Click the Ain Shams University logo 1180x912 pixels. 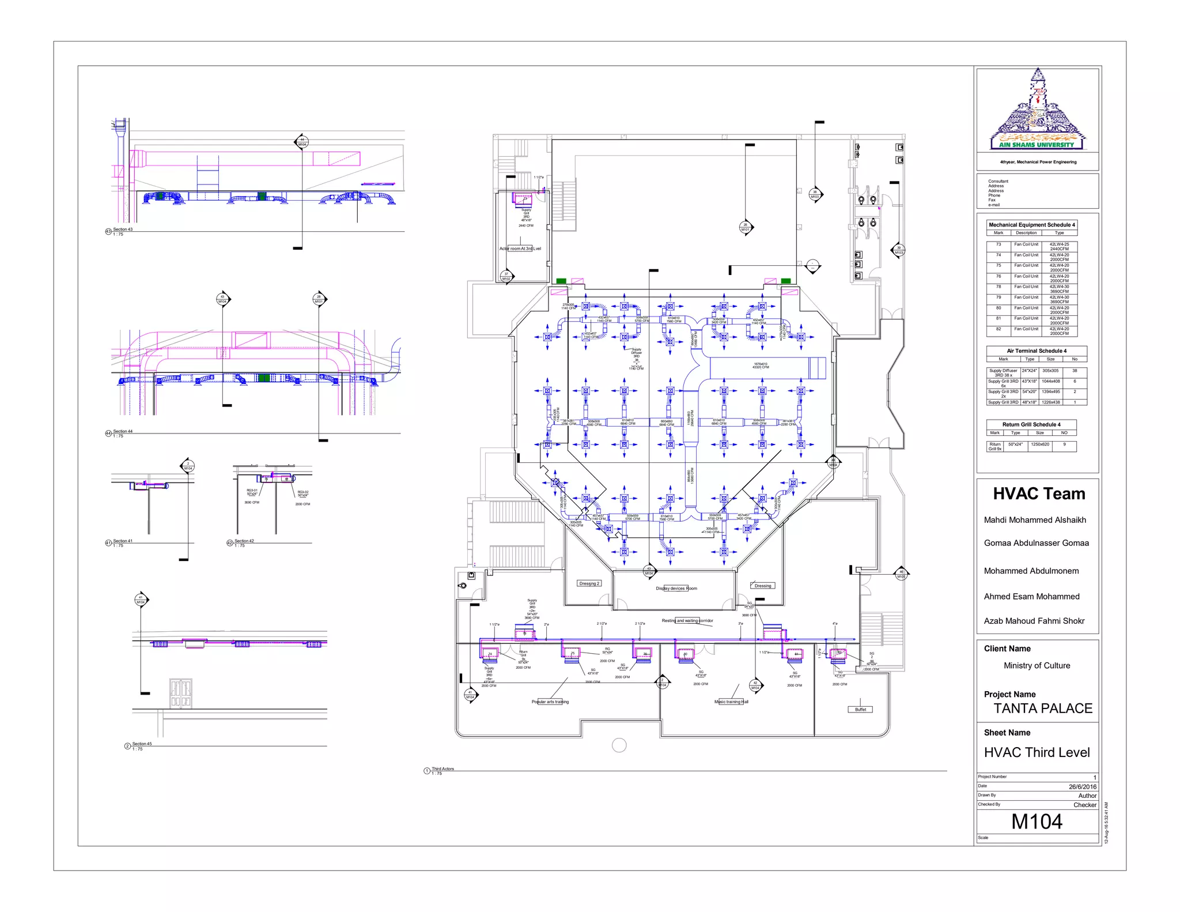pos(1037,110)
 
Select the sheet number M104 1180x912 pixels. pos(1037,821)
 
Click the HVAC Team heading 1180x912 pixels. pos(1039,494)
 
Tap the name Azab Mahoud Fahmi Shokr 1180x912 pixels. pos(1034,621)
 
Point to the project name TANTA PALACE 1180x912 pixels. pos(1042,709)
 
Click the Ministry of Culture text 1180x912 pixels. pos(1037,665)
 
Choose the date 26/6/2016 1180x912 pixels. pos(1082,787)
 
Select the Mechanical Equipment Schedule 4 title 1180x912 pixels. pos(1031,225)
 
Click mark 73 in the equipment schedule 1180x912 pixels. pos(999,244)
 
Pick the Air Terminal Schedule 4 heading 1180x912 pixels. pos(1036,351)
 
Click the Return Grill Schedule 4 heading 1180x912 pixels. pos(1031,424)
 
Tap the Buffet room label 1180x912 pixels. pos(860,710)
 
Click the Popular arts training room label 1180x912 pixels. pos(550,702)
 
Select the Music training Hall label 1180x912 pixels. pos(731,702)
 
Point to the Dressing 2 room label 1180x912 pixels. pos(589,583)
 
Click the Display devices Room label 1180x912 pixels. pos(676,589)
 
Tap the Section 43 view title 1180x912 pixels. pos(122,229)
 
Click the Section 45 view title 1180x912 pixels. pos(142,744)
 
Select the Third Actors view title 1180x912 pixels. pos(442,768)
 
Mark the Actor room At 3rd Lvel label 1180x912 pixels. pos(520,248)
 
